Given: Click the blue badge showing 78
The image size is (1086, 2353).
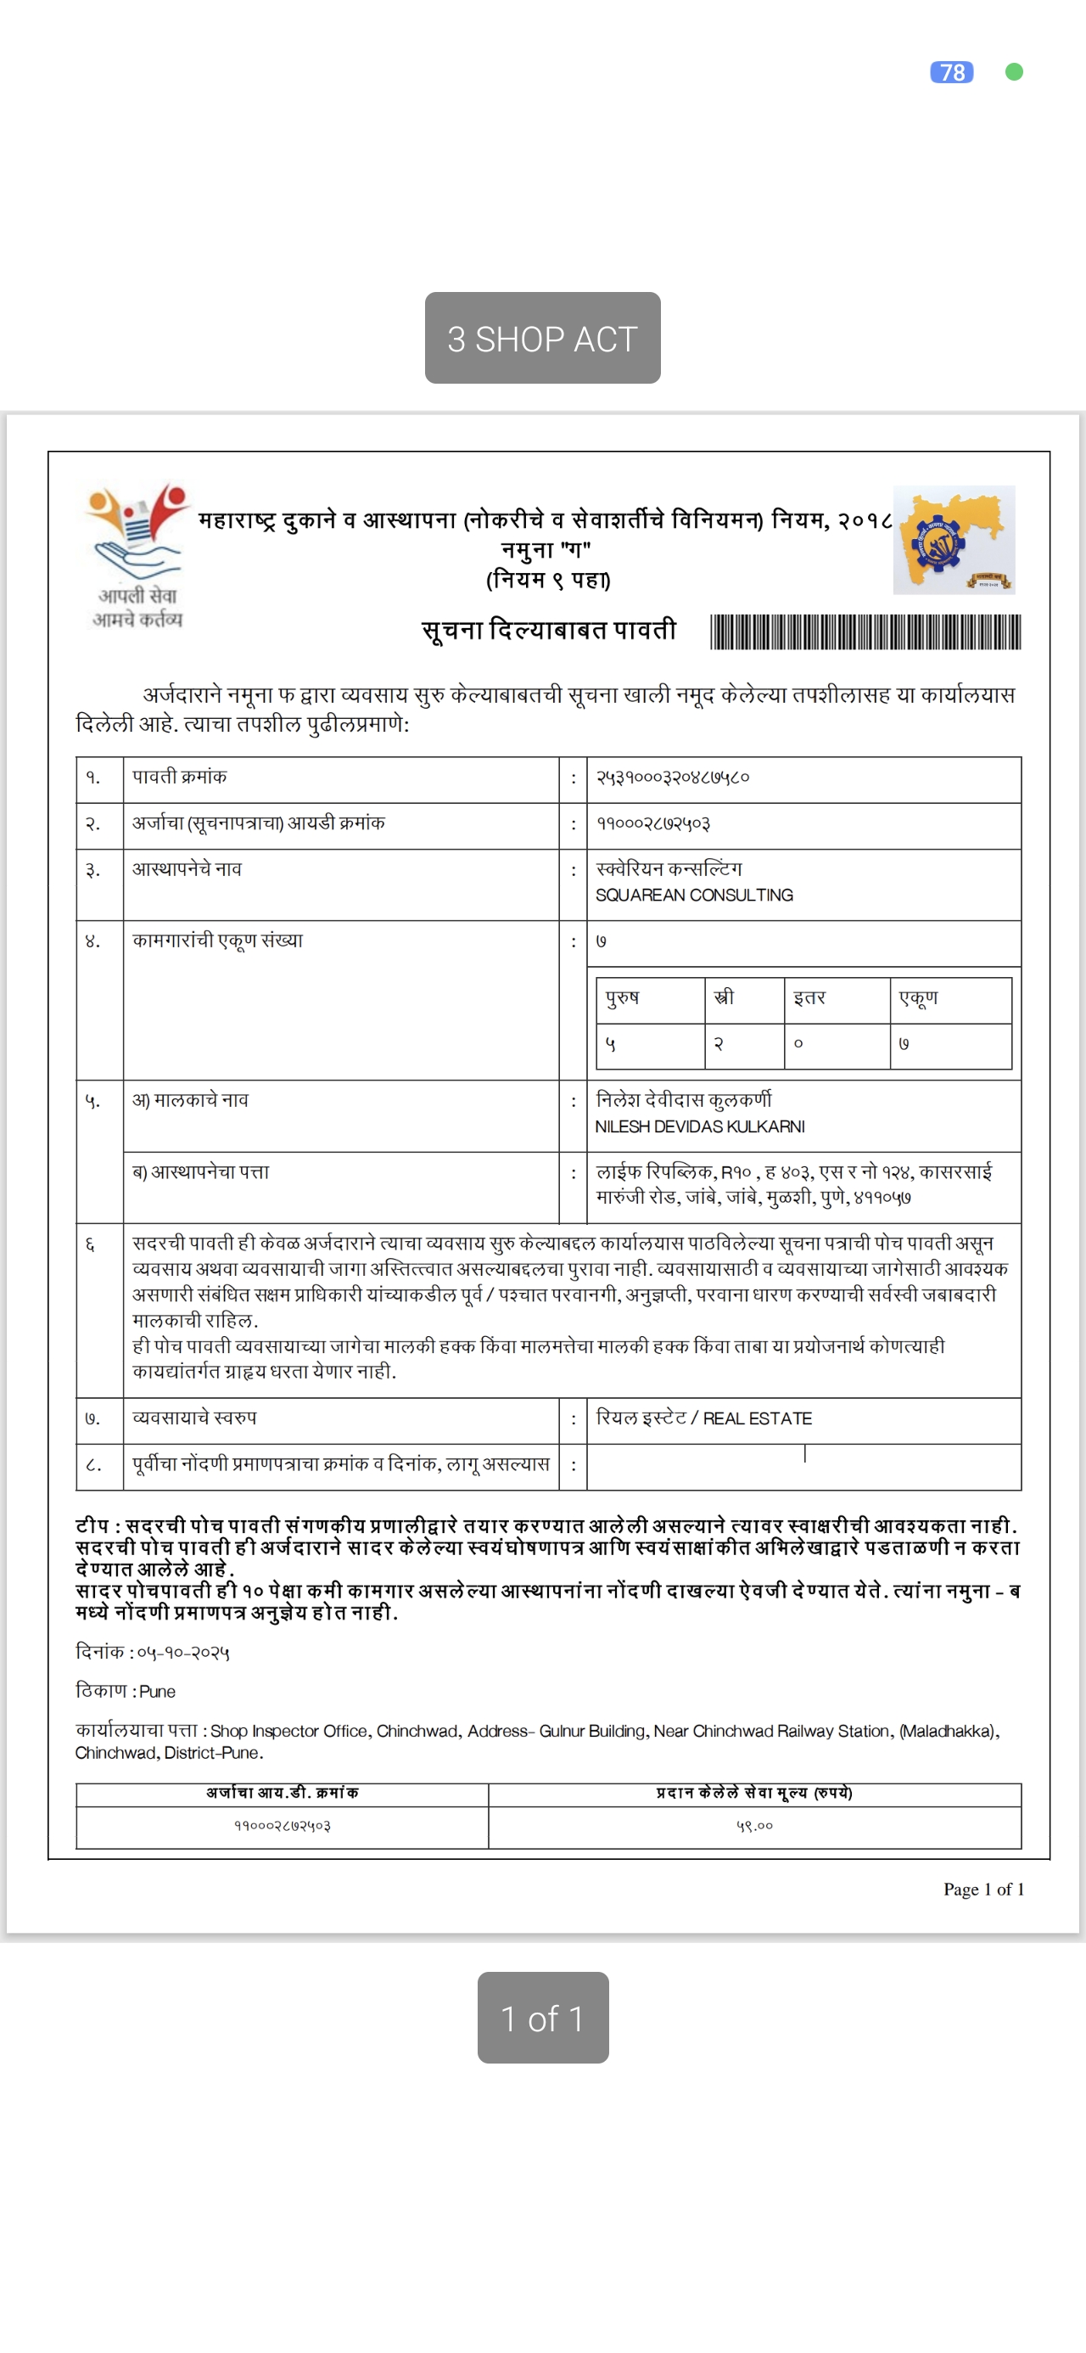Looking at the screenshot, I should pyautogui.click(x=951, y=72).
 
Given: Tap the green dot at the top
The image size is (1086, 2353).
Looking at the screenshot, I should pyautogui.click(x=1014, y=72).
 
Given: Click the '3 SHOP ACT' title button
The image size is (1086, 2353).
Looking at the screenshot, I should pyautogui.click(x=542, y=338).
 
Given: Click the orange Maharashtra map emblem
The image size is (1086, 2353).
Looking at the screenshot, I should pyautogui.click(x=954, y=540).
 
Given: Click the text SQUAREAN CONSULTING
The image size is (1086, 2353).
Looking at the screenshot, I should pyautogui.click(x=694, y=896).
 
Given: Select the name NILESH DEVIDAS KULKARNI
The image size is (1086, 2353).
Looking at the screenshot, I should pyautogui.click(x=700, y=1126).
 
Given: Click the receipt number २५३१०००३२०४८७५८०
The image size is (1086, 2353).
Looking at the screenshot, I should pyautogui.click(x=672, y=778).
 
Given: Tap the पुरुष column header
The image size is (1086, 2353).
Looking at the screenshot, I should pyautogui.click(x=623, y=997).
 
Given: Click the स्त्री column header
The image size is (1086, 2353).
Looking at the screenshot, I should pyautogui.click(x=724, y=997).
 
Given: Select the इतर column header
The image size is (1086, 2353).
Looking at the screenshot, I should pyautogui.click(x=809, y=997).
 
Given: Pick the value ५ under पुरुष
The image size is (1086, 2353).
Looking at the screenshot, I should pyautogui.click(x=611, y=1044).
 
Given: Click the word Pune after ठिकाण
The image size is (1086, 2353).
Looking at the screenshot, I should pyautogui.click(x=157, y=1692).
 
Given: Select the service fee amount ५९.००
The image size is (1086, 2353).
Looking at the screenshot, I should pyautogui.click(x=754, y=1826).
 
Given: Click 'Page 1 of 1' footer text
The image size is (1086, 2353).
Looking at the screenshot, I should pyautogui.click(x=982, y=1889).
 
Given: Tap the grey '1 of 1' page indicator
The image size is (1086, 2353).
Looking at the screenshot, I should pyautogui.click(x=542, y=2019).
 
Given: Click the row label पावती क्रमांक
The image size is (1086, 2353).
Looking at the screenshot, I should pyautogui.click(x=180, y=778).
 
